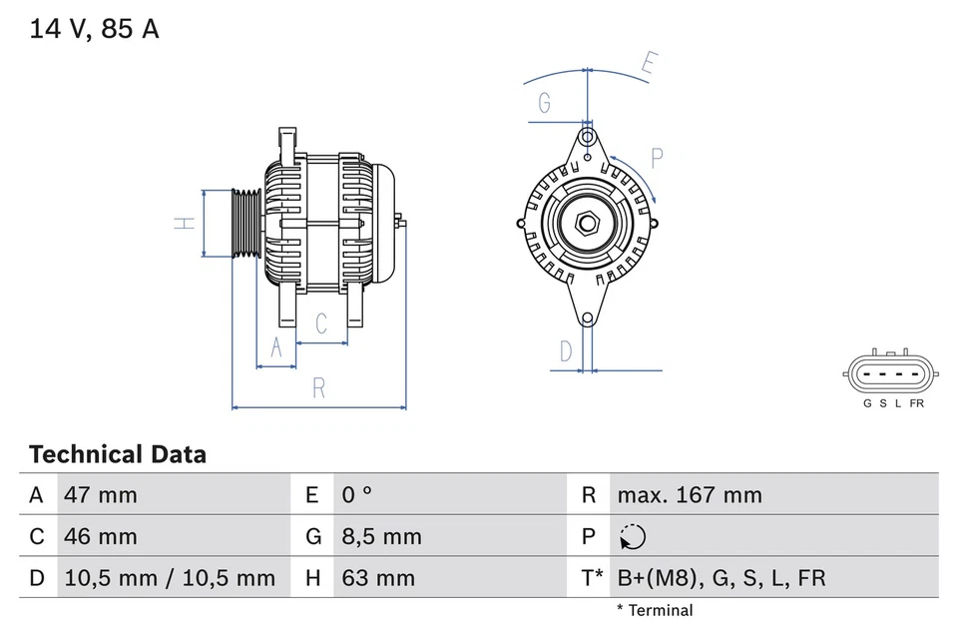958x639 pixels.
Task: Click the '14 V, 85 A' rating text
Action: click(94, 29)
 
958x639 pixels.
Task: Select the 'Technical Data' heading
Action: click(118, 454)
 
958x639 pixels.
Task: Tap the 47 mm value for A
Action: click(101, 494)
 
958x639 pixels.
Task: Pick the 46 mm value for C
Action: click(101, 536)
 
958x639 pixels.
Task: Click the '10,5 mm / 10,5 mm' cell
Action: click(170, 577)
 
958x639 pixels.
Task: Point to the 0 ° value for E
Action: click(356, 494)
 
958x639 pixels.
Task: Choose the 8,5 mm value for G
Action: click(381, 536)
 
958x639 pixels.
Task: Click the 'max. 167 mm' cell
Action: click(689, 494)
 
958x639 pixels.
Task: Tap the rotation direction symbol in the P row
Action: click(632, 537)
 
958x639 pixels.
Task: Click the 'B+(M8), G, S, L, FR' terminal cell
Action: click(721, 577)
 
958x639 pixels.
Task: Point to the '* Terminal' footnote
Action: click(654, 610)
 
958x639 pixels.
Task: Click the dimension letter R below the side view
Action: click(319, 389)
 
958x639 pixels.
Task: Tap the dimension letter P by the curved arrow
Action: click(657, 158)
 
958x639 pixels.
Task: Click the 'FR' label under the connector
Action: click(916, 403)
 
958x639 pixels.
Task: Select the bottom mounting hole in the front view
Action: click(588, 319)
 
